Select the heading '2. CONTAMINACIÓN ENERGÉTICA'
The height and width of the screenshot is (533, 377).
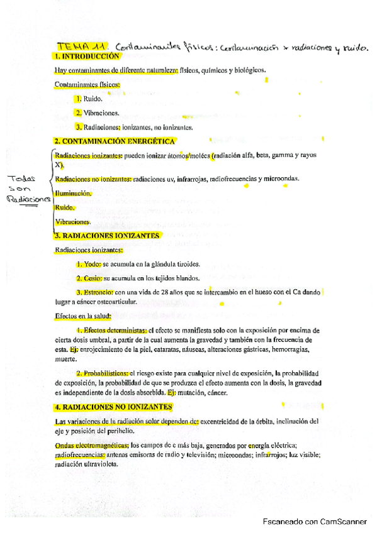point(115,141)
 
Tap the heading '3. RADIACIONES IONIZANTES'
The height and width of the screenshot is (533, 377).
point(106,236)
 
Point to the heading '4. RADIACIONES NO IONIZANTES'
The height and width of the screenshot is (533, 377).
point(114,407)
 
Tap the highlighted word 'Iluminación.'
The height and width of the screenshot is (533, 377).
point(73,194)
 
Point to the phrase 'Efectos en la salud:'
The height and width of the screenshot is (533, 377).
point(83,316)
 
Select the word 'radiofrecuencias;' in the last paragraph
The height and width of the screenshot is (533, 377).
point(80,454)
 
